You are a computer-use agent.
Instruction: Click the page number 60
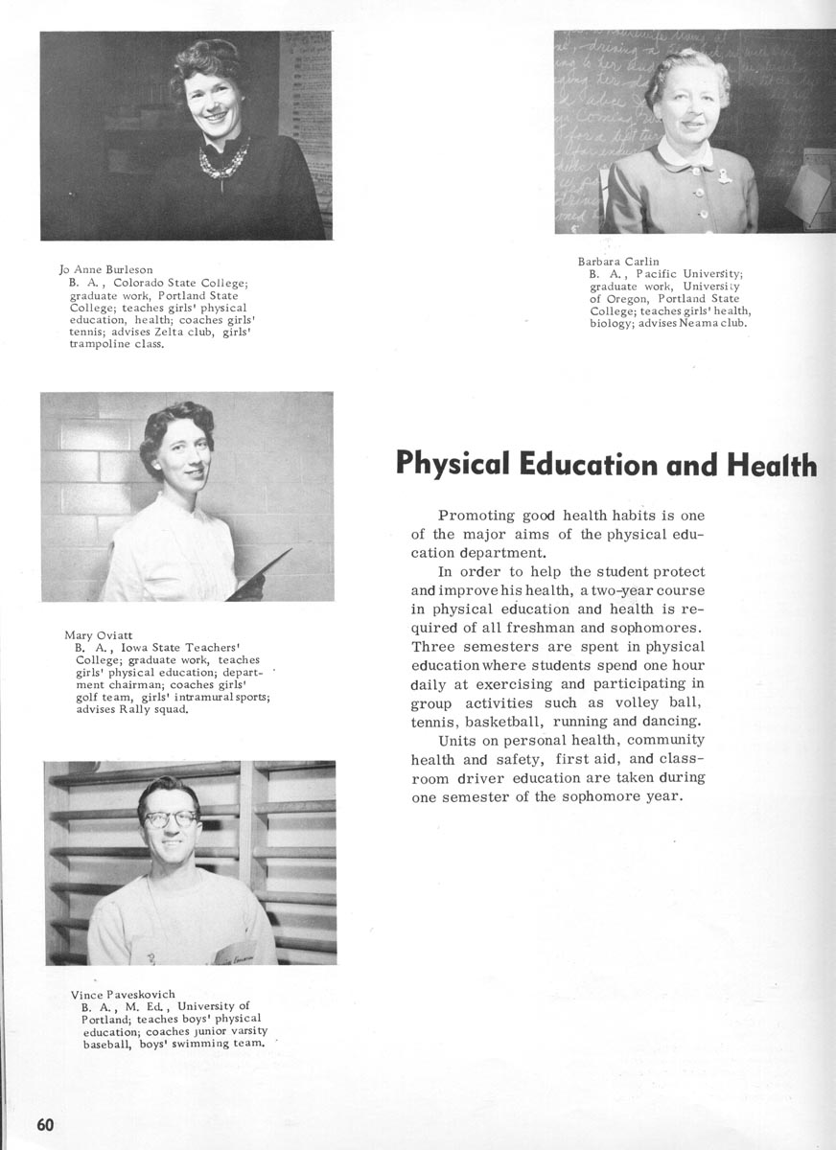pyautogui.click(x=45, y=1124)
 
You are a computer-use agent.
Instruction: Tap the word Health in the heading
pyautogui.click(x=772, y=464)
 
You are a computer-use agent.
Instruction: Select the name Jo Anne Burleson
pyautogui.click(x=105, y=269)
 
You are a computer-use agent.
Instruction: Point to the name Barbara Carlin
pyautogui.click(x=618, y=261)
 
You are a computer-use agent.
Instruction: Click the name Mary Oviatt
pyautogui.click(x=99, y=634)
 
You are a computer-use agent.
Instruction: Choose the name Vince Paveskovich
pyautogui.click(x=123, y=994)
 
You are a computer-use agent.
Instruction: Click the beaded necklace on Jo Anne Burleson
pyautogui.click(x=224, y=159)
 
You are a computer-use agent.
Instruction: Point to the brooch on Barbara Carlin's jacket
pyautogui.click(x=725, y=176)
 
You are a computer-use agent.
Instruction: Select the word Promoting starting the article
pyautogui.click(x=476, y=516)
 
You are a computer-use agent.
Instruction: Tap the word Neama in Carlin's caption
pyautogui.click(x=706, y=323)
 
